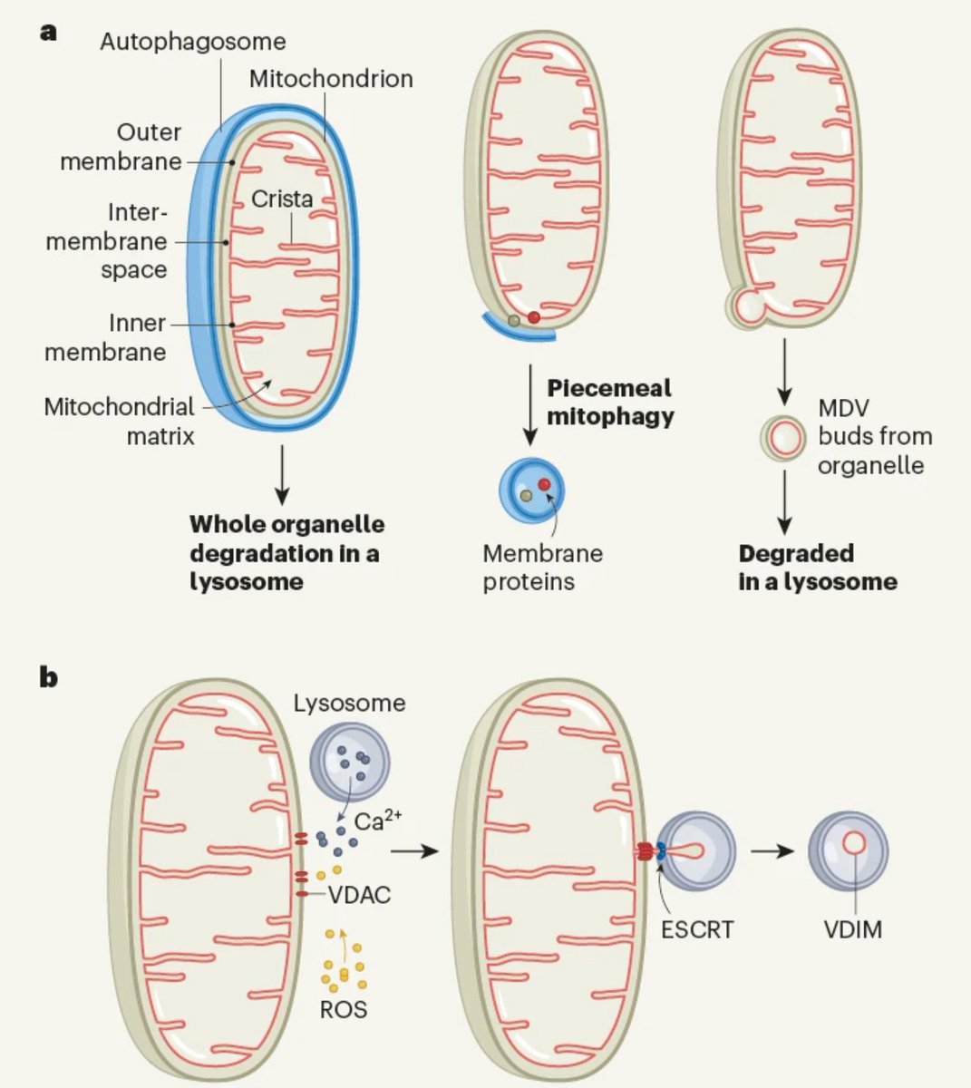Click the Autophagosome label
tap(192, 41)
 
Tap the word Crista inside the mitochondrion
tap(282, 199)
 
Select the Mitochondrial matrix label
tap(120, 421)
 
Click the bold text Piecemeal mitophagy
tap(609, 402)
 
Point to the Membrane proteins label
tap(542, 567)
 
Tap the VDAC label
tap(359, 895)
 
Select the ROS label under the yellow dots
tap(344, 1008)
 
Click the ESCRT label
tap(696, 928)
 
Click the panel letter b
tap(48, 677)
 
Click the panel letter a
tap(48, 32)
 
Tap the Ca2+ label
tap(378, 822)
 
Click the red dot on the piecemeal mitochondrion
tap(534, 317)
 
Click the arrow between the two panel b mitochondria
tap(413, 852)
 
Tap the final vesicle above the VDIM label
tap(848, 850)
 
